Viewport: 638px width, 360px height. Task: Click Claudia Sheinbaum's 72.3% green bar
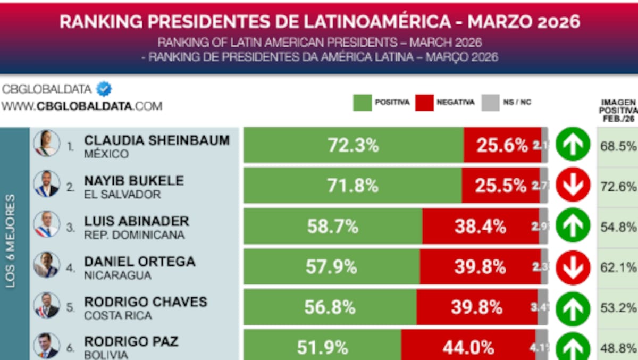[x=353, y=145]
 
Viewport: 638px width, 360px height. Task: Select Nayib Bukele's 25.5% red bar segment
[x=501, y=186]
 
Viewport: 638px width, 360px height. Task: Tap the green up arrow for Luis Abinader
[x=573, y=225]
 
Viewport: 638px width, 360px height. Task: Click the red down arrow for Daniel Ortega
[x=573, y=266]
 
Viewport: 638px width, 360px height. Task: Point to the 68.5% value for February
[x=618, y=146]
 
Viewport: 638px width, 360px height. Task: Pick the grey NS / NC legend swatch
[x=490, y=103]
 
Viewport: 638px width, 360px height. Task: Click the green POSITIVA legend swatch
[x=362, y=103]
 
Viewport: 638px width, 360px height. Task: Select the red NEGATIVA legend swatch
[x=425, y=103]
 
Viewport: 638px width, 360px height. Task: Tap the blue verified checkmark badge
[x=104, y=89]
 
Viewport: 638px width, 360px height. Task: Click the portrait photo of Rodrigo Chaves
[x=47, y=306]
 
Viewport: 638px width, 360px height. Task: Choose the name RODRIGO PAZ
[x=131, y=341]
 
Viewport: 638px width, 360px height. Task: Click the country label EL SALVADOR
[x=122, y=195]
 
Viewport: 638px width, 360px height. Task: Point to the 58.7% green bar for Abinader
[x=333, y=227]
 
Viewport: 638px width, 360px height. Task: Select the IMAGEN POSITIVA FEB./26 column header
[x=618, y=111]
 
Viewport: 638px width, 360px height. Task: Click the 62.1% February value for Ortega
[x=618, y=267]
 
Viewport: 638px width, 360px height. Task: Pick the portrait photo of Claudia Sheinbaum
[x=47, y=144]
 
